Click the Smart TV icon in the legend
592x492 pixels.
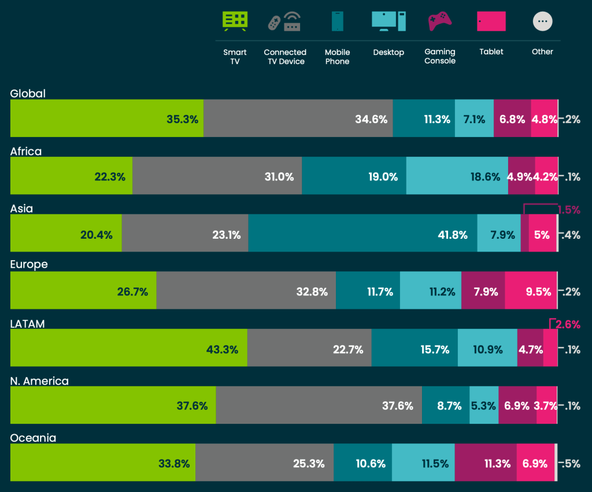point(235,21)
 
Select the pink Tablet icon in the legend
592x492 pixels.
point(491,21)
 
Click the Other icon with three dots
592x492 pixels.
point(542,21)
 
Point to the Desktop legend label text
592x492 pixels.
point(388,52)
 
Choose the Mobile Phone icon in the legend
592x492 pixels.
point(337,21)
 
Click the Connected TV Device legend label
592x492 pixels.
point(285,57)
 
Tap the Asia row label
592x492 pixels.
point(21,209)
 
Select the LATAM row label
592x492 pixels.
point(28,324)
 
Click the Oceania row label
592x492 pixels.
point(33,438)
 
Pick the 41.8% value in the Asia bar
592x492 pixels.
point(451,235)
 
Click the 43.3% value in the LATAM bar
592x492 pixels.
point(223,349)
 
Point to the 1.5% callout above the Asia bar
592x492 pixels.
point(569,210)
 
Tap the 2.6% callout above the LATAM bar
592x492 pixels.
point(568,324)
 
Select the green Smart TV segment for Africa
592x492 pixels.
point(71,176)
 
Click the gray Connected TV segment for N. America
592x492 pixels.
point(318,405)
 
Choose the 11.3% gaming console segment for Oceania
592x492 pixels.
point(486,463)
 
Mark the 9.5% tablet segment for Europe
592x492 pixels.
point(531,291)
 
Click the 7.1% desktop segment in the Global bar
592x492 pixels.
point(474,119)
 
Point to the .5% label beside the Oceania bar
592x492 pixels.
point(571,463)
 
